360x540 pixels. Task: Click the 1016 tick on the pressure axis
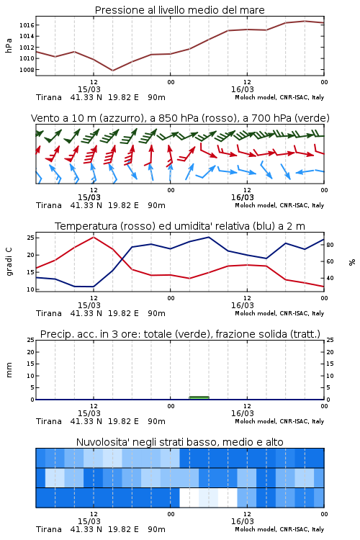point(27,25)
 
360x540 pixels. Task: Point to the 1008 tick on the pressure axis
point(27,70)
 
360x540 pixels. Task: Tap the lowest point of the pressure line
point(112,71)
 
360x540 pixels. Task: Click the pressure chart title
point(179,10)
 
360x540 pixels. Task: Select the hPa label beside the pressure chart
point(9,45)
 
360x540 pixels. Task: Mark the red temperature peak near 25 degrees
point(94,237)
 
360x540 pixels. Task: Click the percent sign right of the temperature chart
point(352,262)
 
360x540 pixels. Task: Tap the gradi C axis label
point(9,261)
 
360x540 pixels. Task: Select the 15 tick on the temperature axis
point(30,272)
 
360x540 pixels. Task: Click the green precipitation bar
point(199,397)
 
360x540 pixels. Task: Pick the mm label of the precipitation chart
point(9,370)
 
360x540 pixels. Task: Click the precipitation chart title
point(180,334)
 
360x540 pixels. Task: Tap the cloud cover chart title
point(179,442)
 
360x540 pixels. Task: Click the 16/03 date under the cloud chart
point(243,521)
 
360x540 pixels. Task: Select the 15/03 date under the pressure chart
point(89,89)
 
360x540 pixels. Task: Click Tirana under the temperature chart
point(48,313)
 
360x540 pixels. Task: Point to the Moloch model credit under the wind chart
point(279,206)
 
